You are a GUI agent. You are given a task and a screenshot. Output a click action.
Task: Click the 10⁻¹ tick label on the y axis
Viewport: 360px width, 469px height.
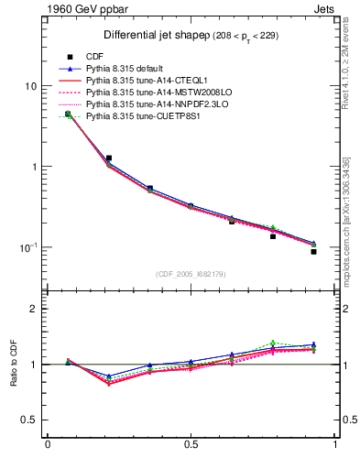pyautogui.click(x=27, y=247)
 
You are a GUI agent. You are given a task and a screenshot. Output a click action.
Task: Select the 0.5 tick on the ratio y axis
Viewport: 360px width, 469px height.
pyautogui.click(x=28, y=420)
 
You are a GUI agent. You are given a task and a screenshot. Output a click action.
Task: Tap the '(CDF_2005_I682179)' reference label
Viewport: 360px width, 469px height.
pyautogui.click(x=191, y=272)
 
